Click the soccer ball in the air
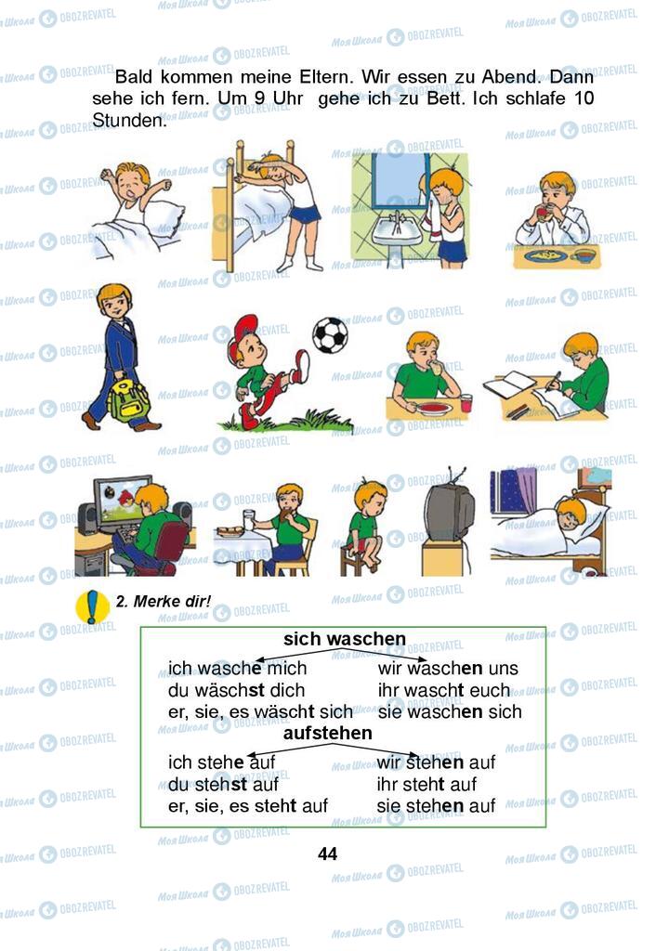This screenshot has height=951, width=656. tap(330, 334)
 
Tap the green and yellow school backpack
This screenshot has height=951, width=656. tap(128, 401)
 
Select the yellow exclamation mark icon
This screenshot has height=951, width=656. tap(92, 606)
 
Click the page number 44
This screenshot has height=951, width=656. tap(327, 854)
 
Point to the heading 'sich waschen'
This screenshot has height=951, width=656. tap(345, 639)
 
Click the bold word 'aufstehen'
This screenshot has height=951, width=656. tap(328, 734)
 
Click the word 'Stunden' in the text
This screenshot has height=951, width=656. tap(129, 120)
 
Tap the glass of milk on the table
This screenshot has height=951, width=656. tap(248, 520)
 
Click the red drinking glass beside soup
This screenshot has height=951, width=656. tap(466, 403)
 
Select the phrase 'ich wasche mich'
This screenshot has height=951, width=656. tap(237, 669)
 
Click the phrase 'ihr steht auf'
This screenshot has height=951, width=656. tap(426, 784)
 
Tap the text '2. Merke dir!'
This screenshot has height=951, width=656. tap(164, 601)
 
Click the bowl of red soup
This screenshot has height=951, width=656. tap(434, 409)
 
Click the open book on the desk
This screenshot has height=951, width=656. tap(510, 384)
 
